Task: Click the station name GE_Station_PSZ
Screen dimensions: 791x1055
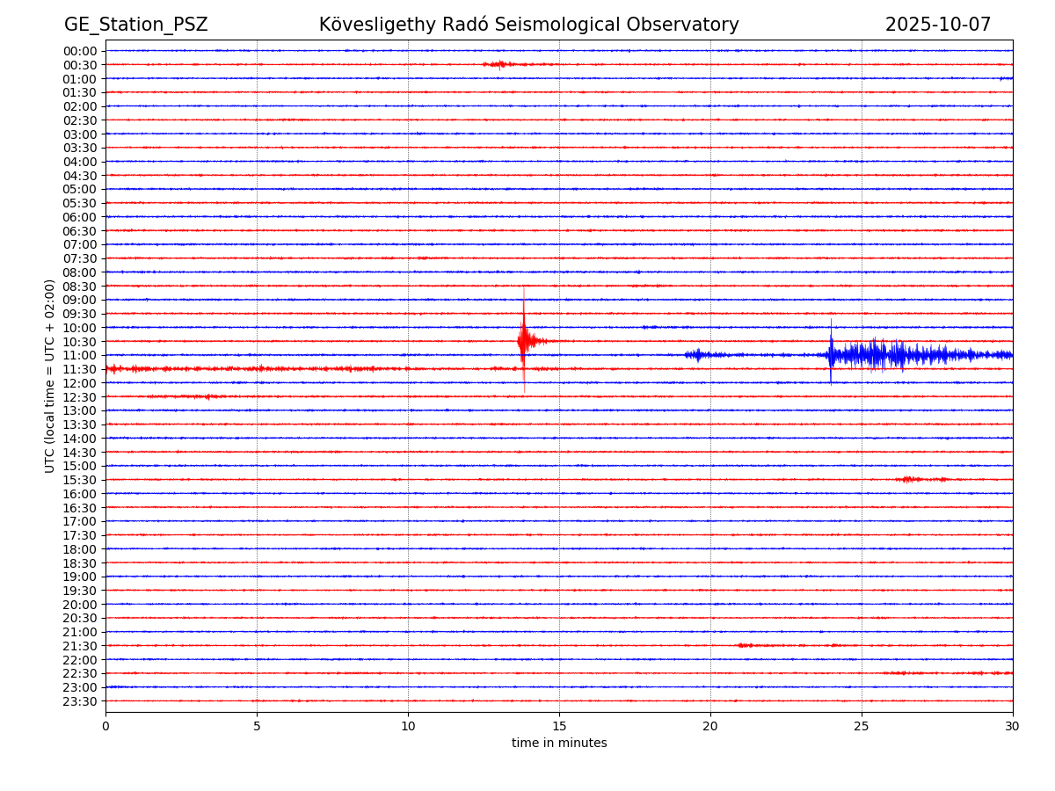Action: coord(135,25)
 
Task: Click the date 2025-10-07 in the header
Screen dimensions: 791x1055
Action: coord(937,25)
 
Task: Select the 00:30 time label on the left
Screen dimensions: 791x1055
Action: coord(80,65)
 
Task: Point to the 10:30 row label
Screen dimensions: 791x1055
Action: coord(80,342)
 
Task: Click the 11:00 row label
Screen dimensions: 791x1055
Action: coord(80,355)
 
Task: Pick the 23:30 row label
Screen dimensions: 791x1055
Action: coord(80,701)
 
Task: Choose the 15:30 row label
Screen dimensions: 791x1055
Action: coord(80,480)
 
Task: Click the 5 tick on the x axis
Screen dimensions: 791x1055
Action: coord(257,727)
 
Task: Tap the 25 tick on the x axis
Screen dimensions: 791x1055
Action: coord(862,727)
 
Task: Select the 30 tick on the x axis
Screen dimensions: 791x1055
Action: coord(1013,727)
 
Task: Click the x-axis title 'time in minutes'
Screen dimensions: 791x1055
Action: coord(559,744)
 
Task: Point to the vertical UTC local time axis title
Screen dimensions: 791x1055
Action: coord(51,376)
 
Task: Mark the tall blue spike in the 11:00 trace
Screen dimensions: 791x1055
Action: coord(831,352)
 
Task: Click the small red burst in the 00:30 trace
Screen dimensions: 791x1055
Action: coord(498,64)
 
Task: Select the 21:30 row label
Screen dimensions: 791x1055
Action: coord(80,646)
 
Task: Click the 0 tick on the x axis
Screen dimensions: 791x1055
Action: coord(105,727)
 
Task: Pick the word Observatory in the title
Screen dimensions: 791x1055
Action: coord(688,25)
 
